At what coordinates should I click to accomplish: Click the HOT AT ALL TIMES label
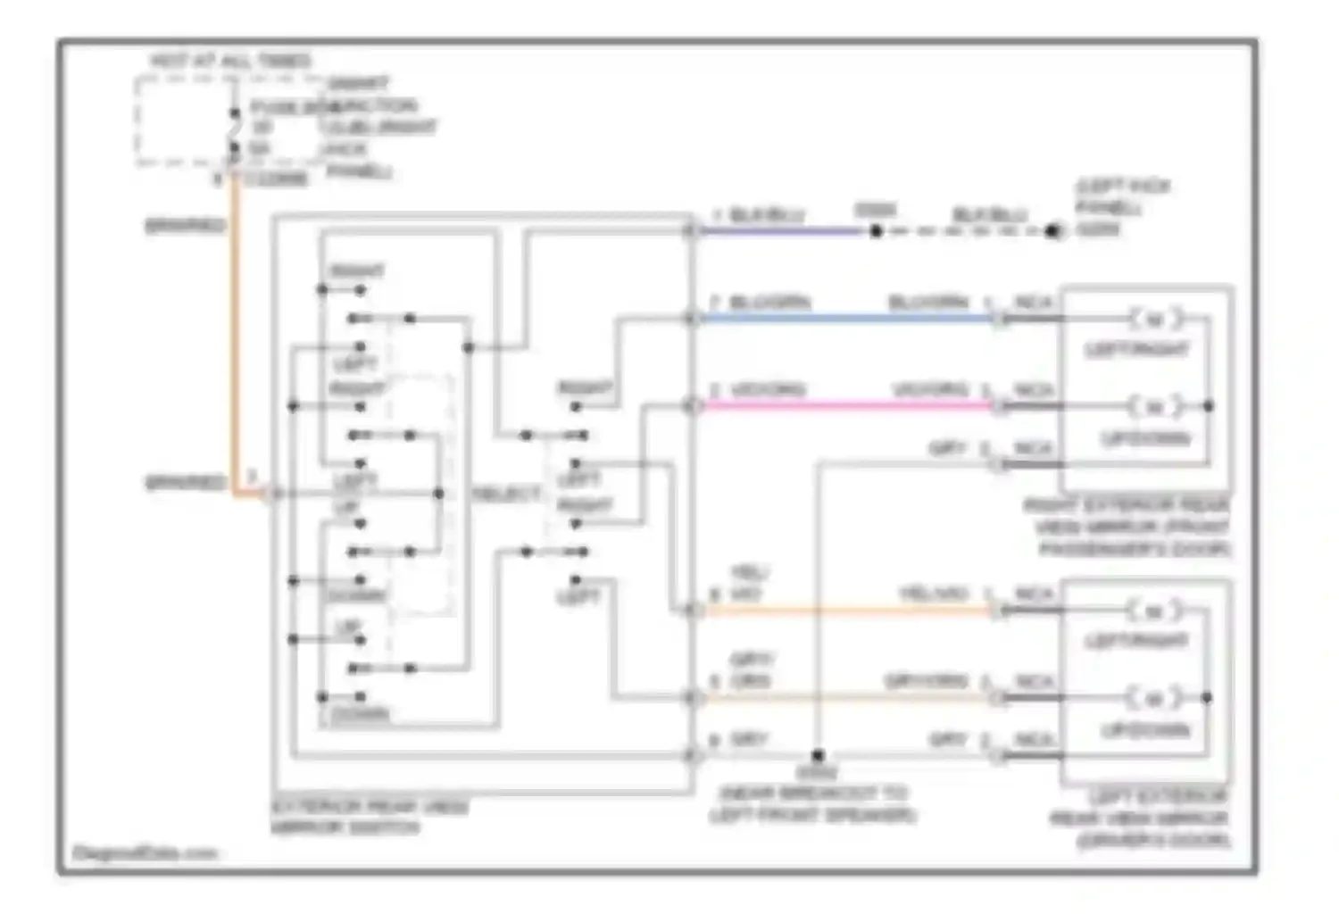[230, 61]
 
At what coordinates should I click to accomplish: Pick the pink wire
[848, 406]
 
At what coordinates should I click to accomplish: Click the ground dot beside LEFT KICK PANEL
[1053, 231]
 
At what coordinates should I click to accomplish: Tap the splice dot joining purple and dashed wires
[877, 231]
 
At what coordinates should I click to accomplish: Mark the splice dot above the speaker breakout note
[818, 756]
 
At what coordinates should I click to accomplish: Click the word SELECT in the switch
[506, 494]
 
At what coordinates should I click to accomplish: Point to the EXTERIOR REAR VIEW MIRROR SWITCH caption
[370, 817]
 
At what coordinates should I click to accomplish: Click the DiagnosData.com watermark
[145, 853]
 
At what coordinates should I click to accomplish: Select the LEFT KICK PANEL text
[1122, 207]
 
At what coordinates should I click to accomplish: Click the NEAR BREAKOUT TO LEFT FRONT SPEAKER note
[813, 803]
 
